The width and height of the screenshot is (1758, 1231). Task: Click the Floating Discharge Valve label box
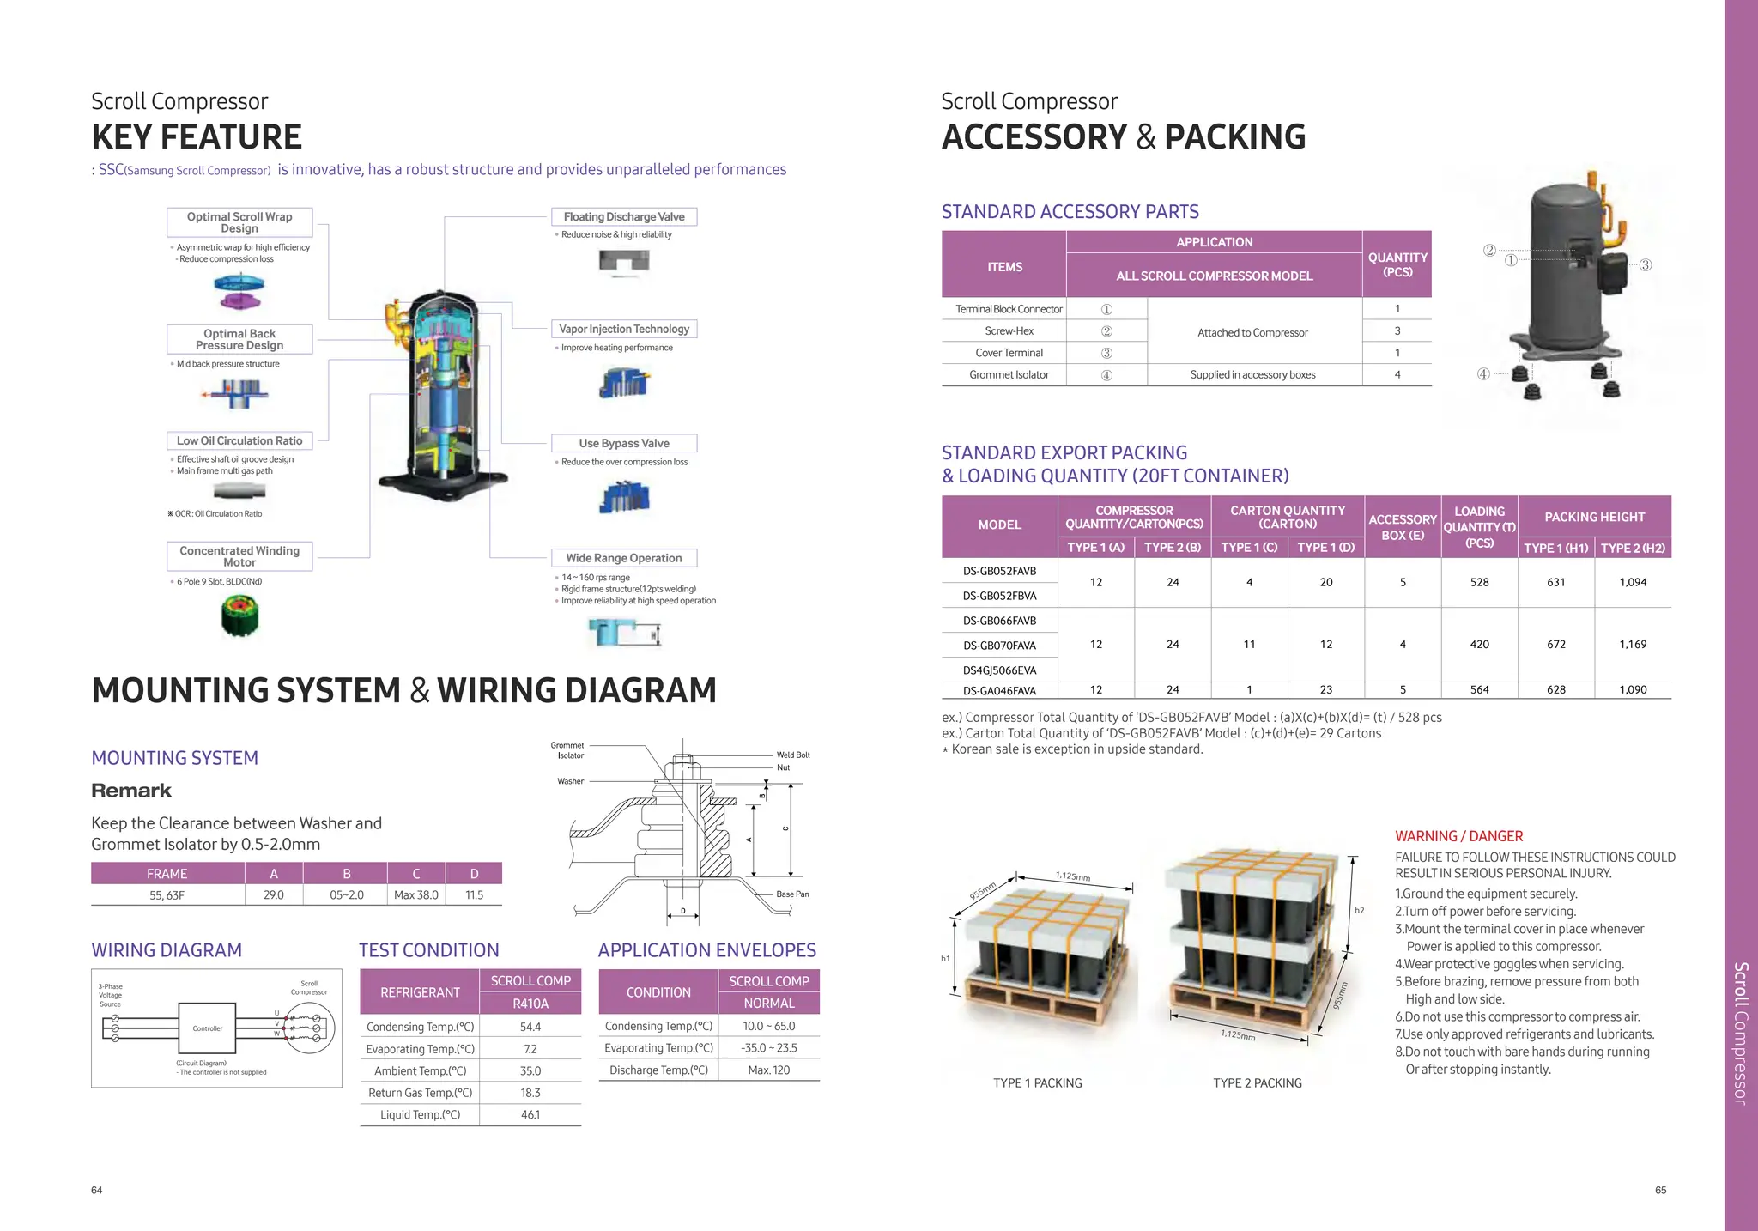click(x=624, y=217)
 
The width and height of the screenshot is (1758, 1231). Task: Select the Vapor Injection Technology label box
click(x=624, y=329)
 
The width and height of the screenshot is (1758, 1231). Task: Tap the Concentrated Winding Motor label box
click(x=239, y=556)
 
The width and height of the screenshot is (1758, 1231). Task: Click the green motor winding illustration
click(x=239, y=616)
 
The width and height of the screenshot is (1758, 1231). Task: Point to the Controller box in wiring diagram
click(x=207, y=1028)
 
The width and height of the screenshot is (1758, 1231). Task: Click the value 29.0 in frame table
click(x=274, y=895)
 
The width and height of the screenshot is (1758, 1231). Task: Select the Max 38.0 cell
click(x=416, y=895)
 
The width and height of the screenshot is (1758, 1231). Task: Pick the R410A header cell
click(x=530, y=1004)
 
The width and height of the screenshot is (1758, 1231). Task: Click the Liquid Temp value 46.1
click(x=530, y=1115)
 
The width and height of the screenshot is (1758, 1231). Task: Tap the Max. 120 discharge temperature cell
click(x=769, y=1070)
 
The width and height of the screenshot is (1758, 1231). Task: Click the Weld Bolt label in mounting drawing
click(x=793, y=755)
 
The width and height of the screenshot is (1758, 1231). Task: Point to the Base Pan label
click(x=792, y=894)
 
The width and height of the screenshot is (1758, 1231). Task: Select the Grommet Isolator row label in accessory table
click(x=1009, y=375)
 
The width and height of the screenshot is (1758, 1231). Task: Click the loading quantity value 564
click(x=1479, y=690)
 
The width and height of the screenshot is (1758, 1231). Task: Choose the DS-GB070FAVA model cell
click(x=999, y=646)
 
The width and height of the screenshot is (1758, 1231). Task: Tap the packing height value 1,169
click(x=1633, y=645)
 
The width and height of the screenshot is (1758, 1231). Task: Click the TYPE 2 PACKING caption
click(x=1257, y=1083)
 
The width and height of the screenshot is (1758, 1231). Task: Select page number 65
click(x=1660, y=1191)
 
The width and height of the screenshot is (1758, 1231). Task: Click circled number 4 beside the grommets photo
click(x=1483, y=374)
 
